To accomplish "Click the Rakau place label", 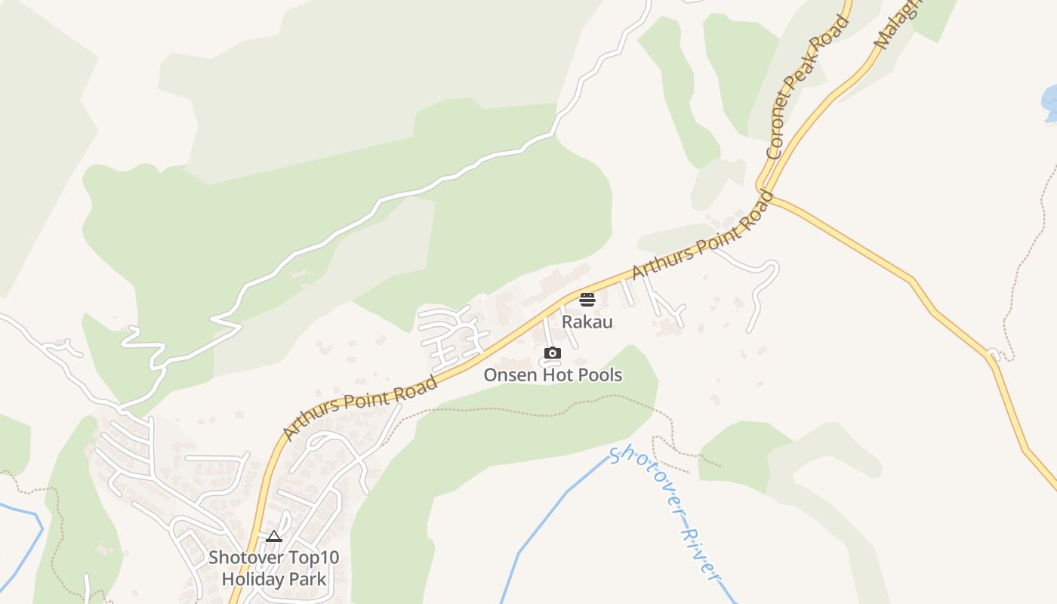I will click(x=587, y=322).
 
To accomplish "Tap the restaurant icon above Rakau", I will click(x=587, y=300).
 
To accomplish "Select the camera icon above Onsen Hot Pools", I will click(x=553, y=353).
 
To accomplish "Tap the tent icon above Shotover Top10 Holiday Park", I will click(x=274, y=536).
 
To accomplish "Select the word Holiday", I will click(x=250, y=580).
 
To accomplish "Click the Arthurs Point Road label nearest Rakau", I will click(x=702, y=235).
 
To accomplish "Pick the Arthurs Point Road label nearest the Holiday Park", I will click(x=360, y=407).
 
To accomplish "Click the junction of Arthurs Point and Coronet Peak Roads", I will click(x=764, y=190).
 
